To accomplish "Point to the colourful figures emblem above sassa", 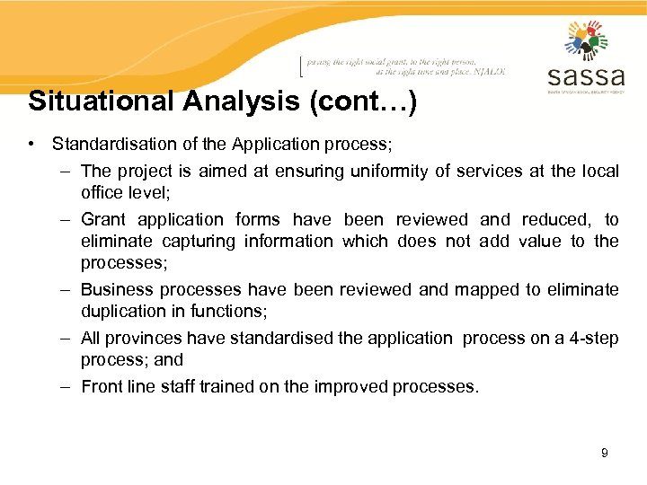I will [586, 40].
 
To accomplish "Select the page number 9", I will [605, 453].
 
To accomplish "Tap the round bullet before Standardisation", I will [31, 144].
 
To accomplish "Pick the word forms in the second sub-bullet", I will [256, 219].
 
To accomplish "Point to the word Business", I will [113, 289].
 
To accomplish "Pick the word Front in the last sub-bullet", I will [100, 386].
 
